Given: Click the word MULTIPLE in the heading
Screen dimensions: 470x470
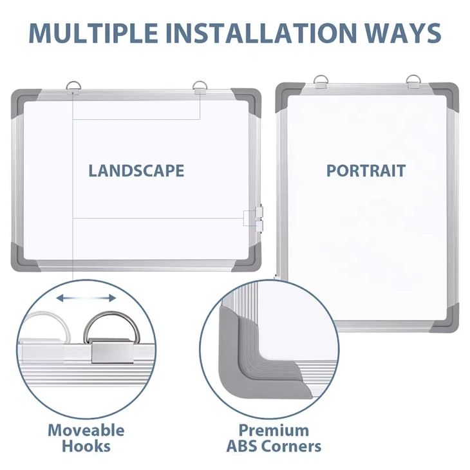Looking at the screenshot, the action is pyautogui.click(x=93, y=32).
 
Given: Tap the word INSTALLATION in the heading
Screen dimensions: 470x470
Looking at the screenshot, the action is pyautogui.click(x=261, y=32).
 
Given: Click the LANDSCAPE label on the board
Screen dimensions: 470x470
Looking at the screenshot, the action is pyautogui.click(x=136, y=171).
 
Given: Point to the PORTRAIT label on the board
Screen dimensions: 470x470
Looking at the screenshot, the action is pyautogui.click(x=366, y=171).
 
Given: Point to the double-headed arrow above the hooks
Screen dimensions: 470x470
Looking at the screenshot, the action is pyautogui.click(x=86, y=298).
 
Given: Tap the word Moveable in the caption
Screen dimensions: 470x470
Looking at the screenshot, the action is pyautogui.click(x=86, y=430).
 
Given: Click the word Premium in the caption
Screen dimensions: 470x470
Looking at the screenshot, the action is pyautogui.click(x=274, y=431).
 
